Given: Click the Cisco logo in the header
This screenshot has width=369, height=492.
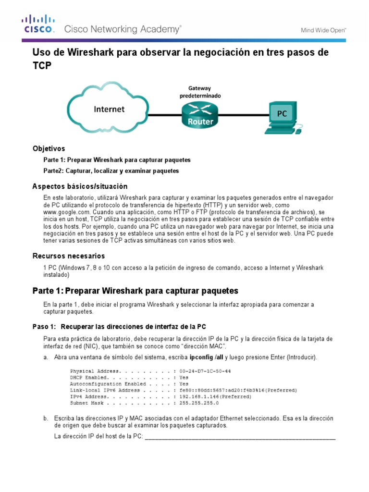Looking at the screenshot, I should pyautogui.click(x=37, y=24).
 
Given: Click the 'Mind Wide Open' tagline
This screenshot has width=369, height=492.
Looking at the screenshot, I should pyautogui.click(x=323, y=30).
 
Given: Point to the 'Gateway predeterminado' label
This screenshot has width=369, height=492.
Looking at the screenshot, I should pyautogui.click(x=200, y=92).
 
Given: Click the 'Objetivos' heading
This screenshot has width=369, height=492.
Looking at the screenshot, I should pyautogui.click(x=49, y=148).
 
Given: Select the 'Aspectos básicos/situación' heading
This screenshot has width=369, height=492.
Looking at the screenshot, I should pyautogui.click(x=80, y=186).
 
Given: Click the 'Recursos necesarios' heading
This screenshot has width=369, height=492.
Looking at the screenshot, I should pyautogui.click(x=68, y=256).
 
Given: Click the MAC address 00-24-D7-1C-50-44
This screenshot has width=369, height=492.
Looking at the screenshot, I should pyautogui.click(x=205, y=371).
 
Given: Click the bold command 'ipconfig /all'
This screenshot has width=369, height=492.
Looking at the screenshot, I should pyautogui.click(x=206, y=357).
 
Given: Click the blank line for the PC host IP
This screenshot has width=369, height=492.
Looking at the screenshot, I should pyautogui.click(x=240, y=437).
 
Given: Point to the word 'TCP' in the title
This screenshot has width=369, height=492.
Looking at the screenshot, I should pyautogui.click(x=41, y=66).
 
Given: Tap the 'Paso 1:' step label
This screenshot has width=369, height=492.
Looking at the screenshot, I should pyautogui.click(x=44, y=327).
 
